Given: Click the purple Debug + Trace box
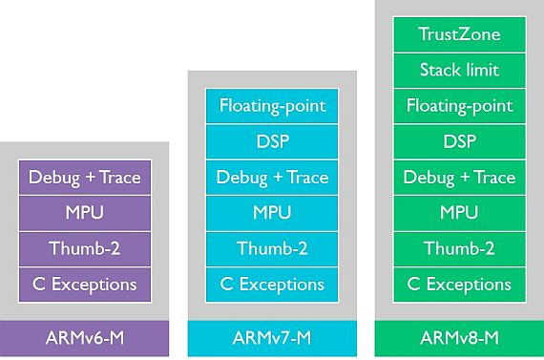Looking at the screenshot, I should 85,178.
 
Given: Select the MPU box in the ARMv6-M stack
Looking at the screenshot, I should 85,213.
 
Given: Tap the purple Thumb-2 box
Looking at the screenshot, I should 85,248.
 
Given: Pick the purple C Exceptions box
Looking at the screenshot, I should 85,284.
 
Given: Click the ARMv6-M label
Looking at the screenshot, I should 85,337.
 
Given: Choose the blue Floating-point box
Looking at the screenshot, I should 272,106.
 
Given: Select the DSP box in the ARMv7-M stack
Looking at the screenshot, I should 272,141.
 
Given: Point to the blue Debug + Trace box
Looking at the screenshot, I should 272,178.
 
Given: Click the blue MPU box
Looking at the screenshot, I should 272,213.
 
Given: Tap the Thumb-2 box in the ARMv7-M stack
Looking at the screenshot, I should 272,248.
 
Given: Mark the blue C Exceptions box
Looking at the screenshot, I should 272,284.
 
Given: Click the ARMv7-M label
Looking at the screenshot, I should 272,337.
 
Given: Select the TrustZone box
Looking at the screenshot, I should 459,34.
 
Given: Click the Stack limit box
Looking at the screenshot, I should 459,70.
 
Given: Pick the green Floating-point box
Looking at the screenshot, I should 459,106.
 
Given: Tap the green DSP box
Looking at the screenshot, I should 459,141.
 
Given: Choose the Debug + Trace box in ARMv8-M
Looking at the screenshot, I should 459,178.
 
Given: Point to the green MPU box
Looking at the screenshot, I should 459,213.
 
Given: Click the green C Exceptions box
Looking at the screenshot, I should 459,284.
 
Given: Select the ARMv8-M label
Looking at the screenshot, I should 459,337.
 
